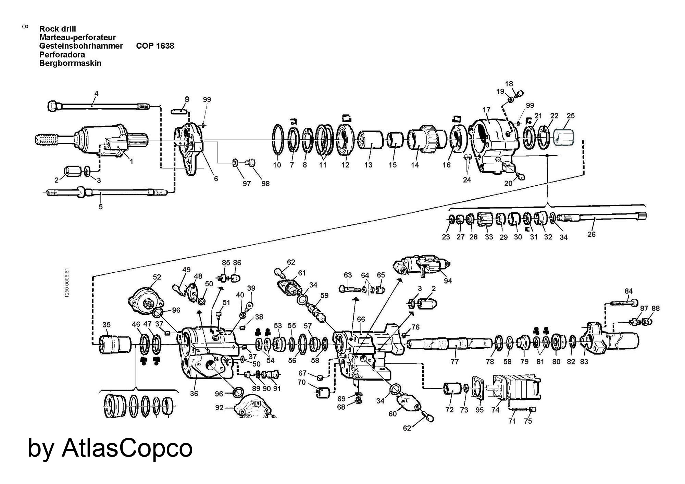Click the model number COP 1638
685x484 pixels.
tap(155, 46)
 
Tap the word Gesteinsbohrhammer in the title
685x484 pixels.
tap(81, 46)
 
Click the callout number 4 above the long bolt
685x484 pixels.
tap(97, 93)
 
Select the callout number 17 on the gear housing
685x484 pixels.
tap(486, 110)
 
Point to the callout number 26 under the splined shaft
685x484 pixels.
tap(591, 234)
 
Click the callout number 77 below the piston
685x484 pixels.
tap(454, 361)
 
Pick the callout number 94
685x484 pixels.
tap(448, 281)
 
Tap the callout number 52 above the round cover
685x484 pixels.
tap(157, 277)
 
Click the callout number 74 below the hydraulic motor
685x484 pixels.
tap(495, 410)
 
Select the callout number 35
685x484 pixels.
tap(107, 324)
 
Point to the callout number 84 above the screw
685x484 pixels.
tap(628, 291)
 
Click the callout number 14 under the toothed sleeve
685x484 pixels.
tap(415, 165)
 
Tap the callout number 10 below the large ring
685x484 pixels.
tap(277, 165)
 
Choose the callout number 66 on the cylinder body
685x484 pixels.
tap(361, 319)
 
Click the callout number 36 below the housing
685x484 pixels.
tap(194, 394)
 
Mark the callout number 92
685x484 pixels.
tap(219, 408)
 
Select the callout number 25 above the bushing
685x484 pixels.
tap(570, 116)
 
